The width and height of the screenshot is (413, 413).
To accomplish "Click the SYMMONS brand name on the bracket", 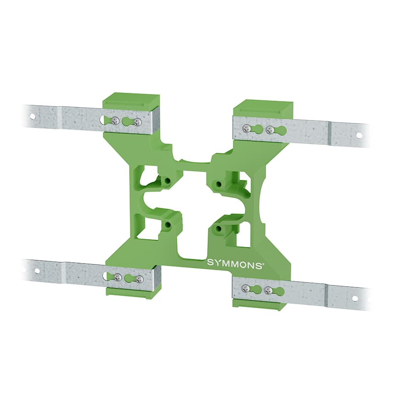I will point(234,263).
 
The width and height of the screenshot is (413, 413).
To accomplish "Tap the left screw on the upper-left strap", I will point(116,121).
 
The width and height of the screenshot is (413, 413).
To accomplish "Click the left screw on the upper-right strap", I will point(247,128).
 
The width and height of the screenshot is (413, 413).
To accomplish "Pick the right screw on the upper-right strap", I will point(270,130).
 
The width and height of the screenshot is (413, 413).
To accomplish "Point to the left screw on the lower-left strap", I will point(118,277).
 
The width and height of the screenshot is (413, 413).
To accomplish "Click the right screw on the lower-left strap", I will point(140,279).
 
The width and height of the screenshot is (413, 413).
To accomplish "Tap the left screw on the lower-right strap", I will point(246,288).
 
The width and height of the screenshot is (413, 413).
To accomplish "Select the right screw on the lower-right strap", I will point(268,290).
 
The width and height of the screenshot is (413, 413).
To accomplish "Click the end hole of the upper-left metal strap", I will point(32,116).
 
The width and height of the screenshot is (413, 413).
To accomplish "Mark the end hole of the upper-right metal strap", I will point(359,135).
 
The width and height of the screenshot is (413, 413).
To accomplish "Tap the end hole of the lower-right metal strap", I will point(355,298).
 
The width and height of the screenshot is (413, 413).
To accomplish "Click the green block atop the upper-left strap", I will point(131,101).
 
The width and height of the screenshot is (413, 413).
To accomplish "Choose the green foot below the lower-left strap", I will point(133,292).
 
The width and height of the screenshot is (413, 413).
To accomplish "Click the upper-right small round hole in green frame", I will point(219,184).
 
